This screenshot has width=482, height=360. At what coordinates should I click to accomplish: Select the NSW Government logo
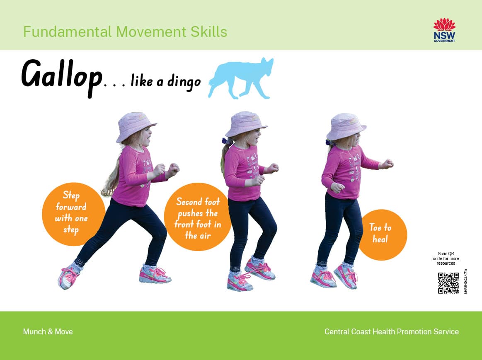(x=444, y=30)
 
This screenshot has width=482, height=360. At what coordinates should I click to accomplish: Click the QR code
(x=448, y=283)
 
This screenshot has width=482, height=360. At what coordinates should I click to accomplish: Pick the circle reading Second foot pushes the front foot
(x=197, y=218)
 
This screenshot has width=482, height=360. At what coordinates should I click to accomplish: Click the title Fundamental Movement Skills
(x=125, y=32)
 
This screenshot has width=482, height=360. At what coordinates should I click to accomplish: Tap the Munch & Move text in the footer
(x=48, y=331)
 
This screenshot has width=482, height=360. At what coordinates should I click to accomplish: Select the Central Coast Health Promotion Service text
(x=391, y=331)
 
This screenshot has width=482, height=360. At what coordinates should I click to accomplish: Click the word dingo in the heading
(x=184, y=82)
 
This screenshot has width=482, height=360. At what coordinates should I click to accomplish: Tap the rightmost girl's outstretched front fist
(x=388, y=163)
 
